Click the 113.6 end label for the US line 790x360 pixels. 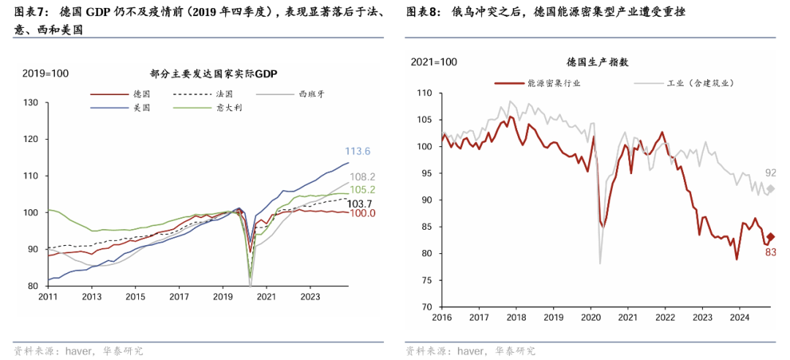tap(358, 151)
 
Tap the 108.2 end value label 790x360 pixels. tap(363, 176)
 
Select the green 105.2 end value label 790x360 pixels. tap(363, 190)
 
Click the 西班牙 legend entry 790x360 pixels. tap(311, 94)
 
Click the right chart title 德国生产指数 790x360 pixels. tap(597, 62)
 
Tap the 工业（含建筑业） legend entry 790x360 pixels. tap(699, 83)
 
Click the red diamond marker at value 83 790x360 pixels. tap(770, 236)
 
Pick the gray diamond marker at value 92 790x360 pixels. tap(770, 189)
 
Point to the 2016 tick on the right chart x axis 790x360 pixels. tap(442, 318)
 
